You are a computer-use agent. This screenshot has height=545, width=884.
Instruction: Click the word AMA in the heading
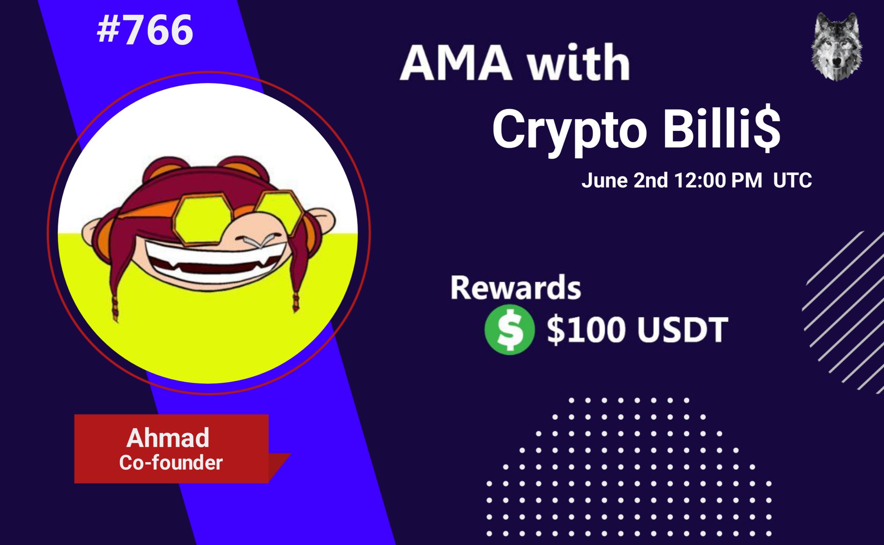[457, 63]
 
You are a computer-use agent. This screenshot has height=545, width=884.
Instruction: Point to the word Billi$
[721, 129]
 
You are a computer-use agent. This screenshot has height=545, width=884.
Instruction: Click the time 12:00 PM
[718, 181]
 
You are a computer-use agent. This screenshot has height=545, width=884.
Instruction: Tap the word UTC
[792, 181]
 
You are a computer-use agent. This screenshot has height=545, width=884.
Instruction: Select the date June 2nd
[625, 181]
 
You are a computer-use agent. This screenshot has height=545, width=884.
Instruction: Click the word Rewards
[515, 288]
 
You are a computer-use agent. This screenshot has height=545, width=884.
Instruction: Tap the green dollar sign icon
[510, 330]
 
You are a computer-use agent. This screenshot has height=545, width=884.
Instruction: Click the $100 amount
[586, 330]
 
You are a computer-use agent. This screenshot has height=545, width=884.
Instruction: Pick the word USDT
[682, 330]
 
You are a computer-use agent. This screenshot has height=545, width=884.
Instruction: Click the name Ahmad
[168, 438]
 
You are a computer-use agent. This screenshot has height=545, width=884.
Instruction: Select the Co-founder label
[171, 463]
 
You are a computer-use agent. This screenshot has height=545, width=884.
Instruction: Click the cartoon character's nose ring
[258, 241]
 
